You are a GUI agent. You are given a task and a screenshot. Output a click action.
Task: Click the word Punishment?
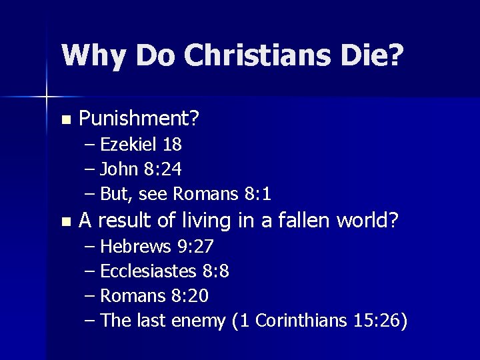point(139,120)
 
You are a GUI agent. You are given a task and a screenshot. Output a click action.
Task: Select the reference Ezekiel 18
point(141,144)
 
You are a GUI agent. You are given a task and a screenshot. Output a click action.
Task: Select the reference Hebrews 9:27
point(157,247)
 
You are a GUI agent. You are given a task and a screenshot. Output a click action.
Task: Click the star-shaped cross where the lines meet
point(47,97)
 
